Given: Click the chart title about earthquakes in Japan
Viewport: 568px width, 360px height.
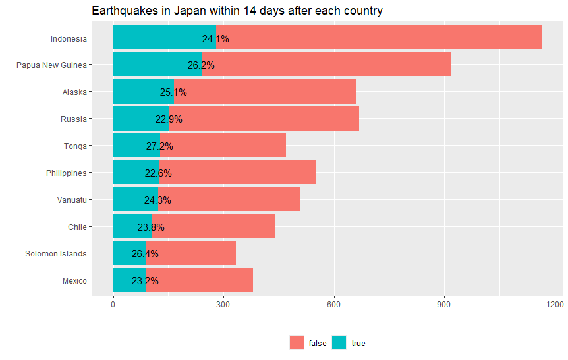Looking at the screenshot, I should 237,11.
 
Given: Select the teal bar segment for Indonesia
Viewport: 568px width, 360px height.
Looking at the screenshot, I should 158,37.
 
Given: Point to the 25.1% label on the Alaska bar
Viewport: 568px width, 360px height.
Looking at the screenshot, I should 173,92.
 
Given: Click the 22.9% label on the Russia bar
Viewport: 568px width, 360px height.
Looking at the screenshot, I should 169,119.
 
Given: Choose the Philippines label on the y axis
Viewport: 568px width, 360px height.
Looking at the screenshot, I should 66,173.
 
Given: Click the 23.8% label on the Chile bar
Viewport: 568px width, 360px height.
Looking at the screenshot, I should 151,227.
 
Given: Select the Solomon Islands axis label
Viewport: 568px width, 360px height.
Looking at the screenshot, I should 55,254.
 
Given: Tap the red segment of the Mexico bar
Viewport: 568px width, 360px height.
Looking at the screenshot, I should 198,280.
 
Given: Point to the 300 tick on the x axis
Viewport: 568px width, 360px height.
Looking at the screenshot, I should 223,305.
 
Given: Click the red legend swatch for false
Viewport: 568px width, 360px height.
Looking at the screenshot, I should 297,343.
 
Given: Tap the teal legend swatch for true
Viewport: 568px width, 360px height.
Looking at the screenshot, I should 339,343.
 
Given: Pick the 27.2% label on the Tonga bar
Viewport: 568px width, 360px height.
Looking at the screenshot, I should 159,146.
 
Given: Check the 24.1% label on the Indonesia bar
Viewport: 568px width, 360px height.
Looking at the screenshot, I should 215,39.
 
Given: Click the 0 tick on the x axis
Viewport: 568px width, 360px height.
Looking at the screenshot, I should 113,305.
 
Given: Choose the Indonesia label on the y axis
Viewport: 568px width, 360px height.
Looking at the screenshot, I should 68,38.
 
